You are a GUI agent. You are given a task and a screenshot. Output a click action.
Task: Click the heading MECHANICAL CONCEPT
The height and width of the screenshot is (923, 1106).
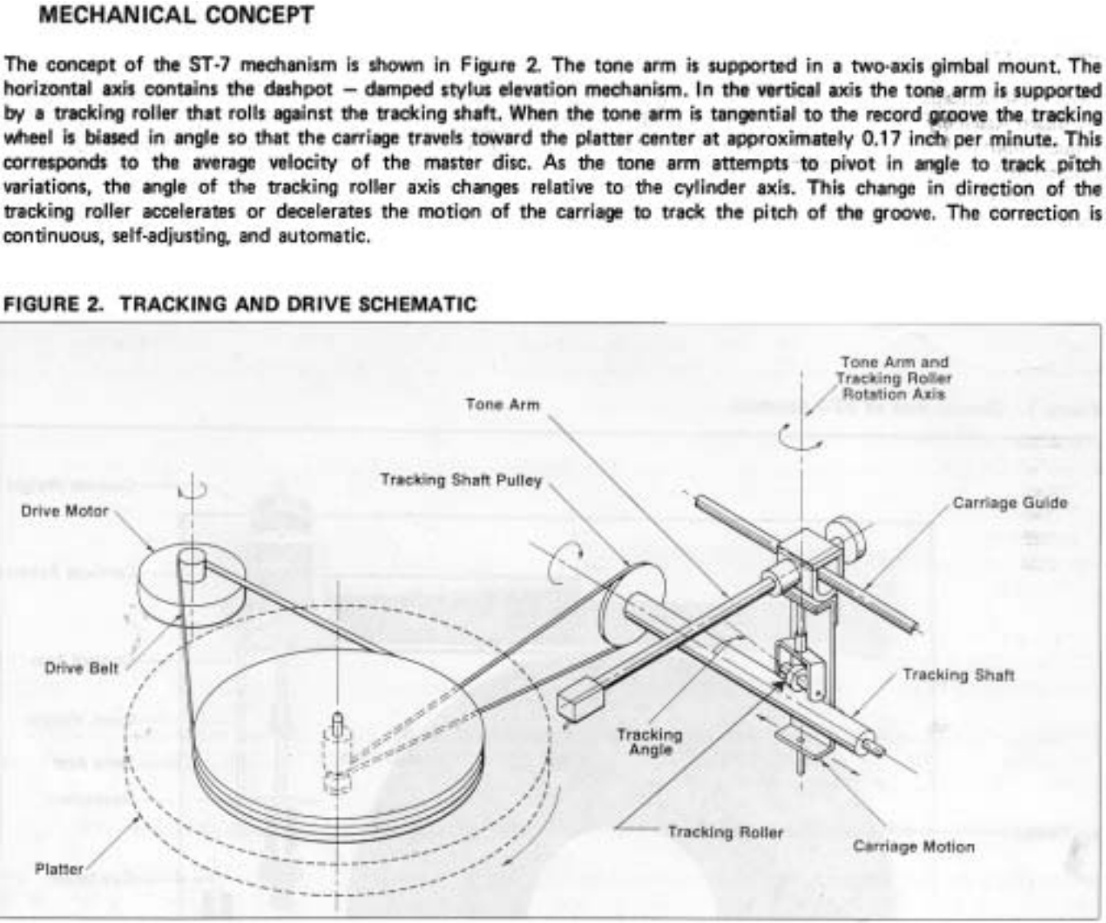click(x=175, y=15)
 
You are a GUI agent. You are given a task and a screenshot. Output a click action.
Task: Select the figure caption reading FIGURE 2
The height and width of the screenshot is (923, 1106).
click(x=240, y=304)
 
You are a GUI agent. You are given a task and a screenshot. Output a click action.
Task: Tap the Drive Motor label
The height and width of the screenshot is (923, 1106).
click(x=64, y=511)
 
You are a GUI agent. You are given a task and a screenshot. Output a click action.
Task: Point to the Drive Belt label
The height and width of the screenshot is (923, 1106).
click(x=81, y=667)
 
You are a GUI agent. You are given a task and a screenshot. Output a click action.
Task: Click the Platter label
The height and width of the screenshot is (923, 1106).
click(x=58, y=869)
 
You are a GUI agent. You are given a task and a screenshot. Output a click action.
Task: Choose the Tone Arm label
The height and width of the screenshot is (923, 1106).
click(x=502, y=404)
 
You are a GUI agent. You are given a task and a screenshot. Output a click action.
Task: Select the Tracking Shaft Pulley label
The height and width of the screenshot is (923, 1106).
click(x=460, y=480)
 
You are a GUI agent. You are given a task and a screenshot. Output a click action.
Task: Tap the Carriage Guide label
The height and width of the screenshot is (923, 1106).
click(x=1010, y=503)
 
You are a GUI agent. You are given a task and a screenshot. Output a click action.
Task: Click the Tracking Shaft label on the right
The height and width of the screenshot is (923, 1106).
click(x=958, y=675)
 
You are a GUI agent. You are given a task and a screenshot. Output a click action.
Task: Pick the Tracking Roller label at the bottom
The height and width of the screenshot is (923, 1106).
click(x=724, y=832)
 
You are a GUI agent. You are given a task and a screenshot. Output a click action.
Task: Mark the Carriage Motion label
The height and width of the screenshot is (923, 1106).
click(x=913, y=846)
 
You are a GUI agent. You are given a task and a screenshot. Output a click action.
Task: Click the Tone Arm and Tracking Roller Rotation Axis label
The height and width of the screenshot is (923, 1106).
click(x=893, y=378)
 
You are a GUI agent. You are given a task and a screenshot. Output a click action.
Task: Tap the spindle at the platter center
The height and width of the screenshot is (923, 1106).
click(x=336, y=726)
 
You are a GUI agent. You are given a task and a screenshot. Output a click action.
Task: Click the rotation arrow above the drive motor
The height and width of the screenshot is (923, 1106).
click(x=192, y=489)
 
